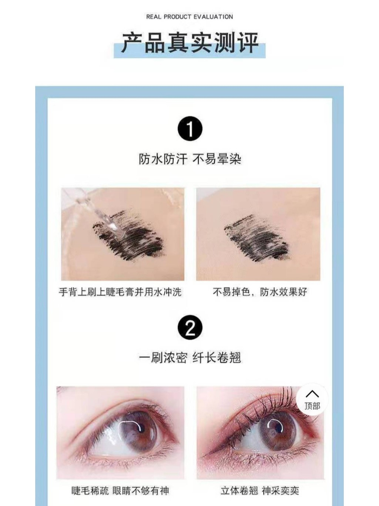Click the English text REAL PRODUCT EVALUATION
tap(189, 17)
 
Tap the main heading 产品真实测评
tap(190, 43)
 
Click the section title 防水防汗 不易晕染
tap(190, 159)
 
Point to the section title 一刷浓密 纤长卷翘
tap(190, 358)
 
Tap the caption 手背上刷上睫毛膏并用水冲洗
tap(120, 292)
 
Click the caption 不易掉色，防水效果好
tap(260, 292)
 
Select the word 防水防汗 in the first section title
tap(163, 159)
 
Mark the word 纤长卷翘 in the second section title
tap(217, 358)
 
